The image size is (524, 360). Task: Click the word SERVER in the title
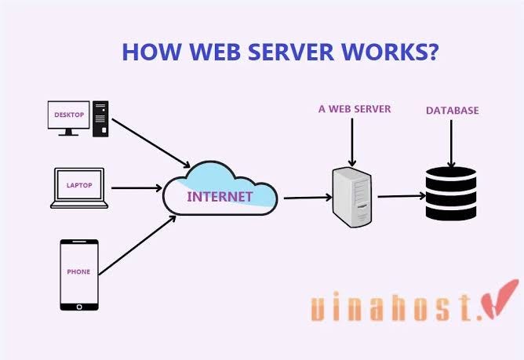pyautogui.click(x=286, y=53)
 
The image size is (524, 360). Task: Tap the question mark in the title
pyautogui.click(x=431, y=53)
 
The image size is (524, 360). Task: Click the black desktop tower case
pyautogui.click(x=101, y=117)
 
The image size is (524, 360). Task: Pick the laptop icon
pyautogui.click(x=78, y=187)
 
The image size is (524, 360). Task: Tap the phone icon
pyautogui.click(x=79, y=274)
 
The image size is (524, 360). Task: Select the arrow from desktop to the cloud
pyautogui.click(x=151, y=143)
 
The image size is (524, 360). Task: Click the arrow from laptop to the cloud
pyautogui.click(x=136, y=187)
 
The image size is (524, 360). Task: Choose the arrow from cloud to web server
pyautogui.click(x=305, y=198)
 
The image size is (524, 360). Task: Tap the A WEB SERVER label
pyautogui.click(x=355, y=109)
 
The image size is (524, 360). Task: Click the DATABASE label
pyautogui.click(x=452, y=111)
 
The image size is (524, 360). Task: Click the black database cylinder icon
pyautogui.click(x=451, y=193)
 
